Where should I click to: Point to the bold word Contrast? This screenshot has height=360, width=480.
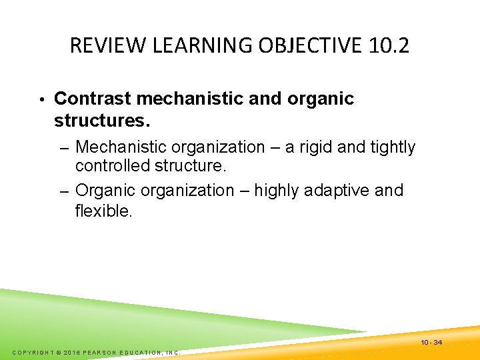pyautogui.click(x=92, y=99)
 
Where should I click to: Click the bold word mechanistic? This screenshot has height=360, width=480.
pyautogui.click(x=190, y=99)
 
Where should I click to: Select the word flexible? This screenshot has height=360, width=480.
pyautogui.click(x=103, y=211)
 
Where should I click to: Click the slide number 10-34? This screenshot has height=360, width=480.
pyautogui.click(x=431, y=343)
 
